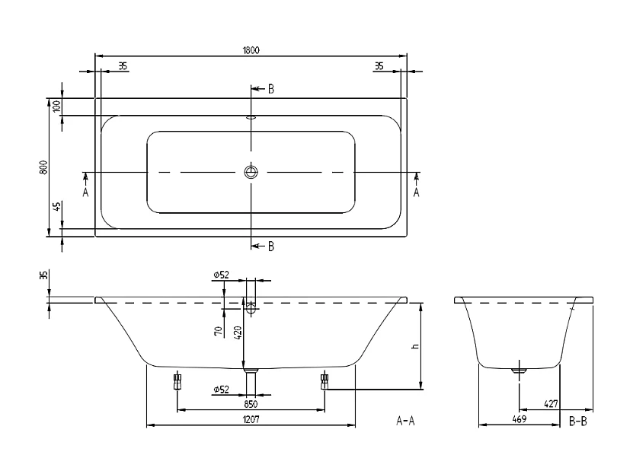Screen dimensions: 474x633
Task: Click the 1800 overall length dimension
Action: (x=251, y=50)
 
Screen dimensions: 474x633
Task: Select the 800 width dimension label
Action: (x=45, y=167)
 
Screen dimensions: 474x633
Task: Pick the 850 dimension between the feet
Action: (x=250, y=404)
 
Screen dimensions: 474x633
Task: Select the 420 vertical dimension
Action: (x=238, y=332)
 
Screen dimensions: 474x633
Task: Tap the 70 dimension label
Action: (x=218, y=330)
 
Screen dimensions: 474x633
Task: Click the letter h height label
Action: (x=414, y=346)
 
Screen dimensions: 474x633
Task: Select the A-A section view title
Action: (x=406, y=420)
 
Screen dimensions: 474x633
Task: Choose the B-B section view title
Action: (x=577, y=420)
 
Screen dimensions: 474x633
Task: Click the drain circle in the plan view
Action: (x=251, y=173)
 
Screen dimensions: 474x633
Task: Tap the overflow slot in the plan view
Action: (x=251, y=118)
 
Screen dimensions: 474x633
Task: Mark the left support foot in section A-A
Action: (x=177, y=380)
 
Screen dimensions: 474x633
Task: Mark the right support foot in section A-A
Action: (x=324, y=380)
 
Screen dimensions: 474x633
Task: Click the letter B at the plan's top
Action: (x=271, y=89)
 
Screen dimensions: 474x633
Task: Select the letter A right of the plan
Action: (x=417, y=192)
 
